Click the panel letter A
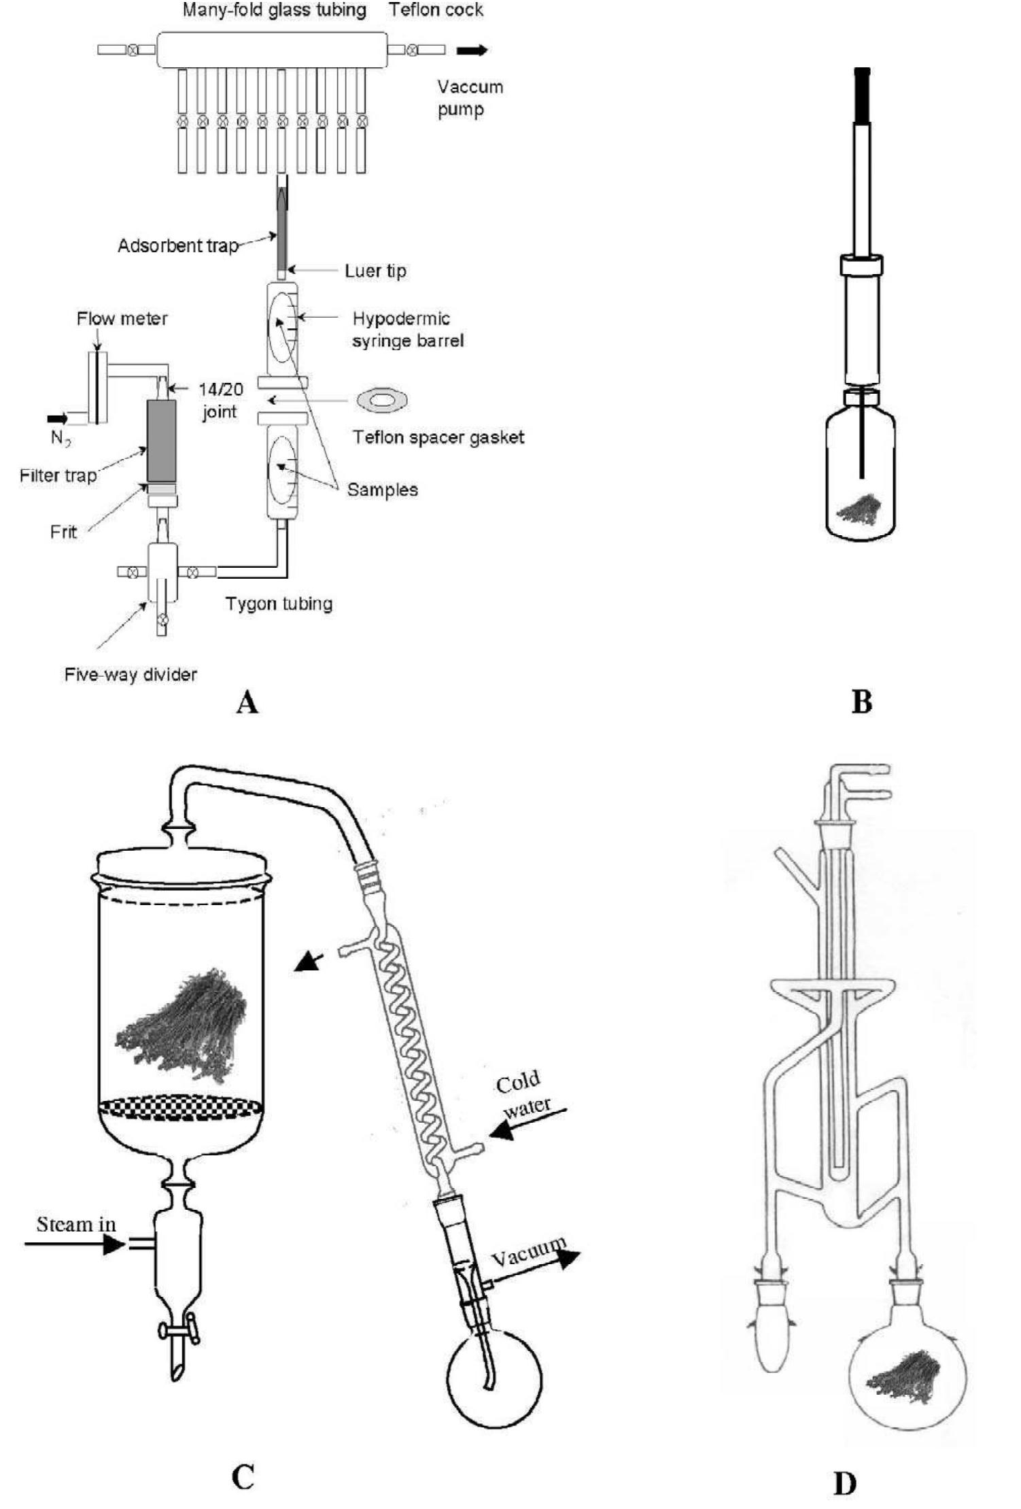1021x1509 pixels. (247, 702)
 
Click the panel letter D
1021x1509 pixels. (844, 1482)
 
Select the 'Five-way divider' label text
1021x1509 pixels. (131, 674)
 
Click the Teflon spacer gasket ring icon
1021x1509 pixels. (382, 401)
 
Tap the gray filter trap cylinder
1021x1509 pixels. (161, 441)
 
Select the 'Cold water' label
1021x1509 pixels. (522, 1093)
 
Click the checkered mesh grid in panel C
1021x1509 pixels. (180, 1108)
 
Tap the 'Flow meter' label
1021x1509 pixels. (122, 318)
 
